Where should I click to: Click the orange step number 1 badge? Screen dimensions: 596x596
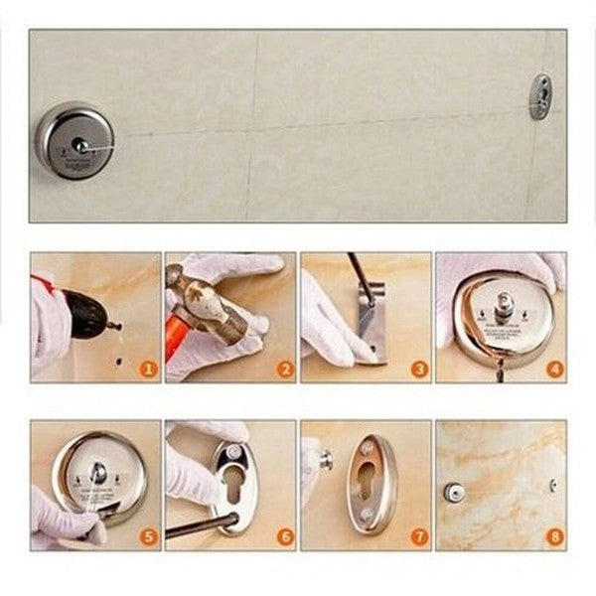coord(148,370)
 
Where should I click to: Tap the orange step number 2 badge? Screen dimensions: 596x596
coord(284,370)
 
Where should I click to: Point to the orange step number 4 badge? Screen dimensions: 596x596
coord(554,370)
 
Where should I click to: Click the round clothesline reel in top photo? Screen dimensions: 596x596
coord(75,142)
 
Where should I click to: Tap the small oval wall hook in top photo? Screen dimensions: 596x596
coord(540,96)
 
